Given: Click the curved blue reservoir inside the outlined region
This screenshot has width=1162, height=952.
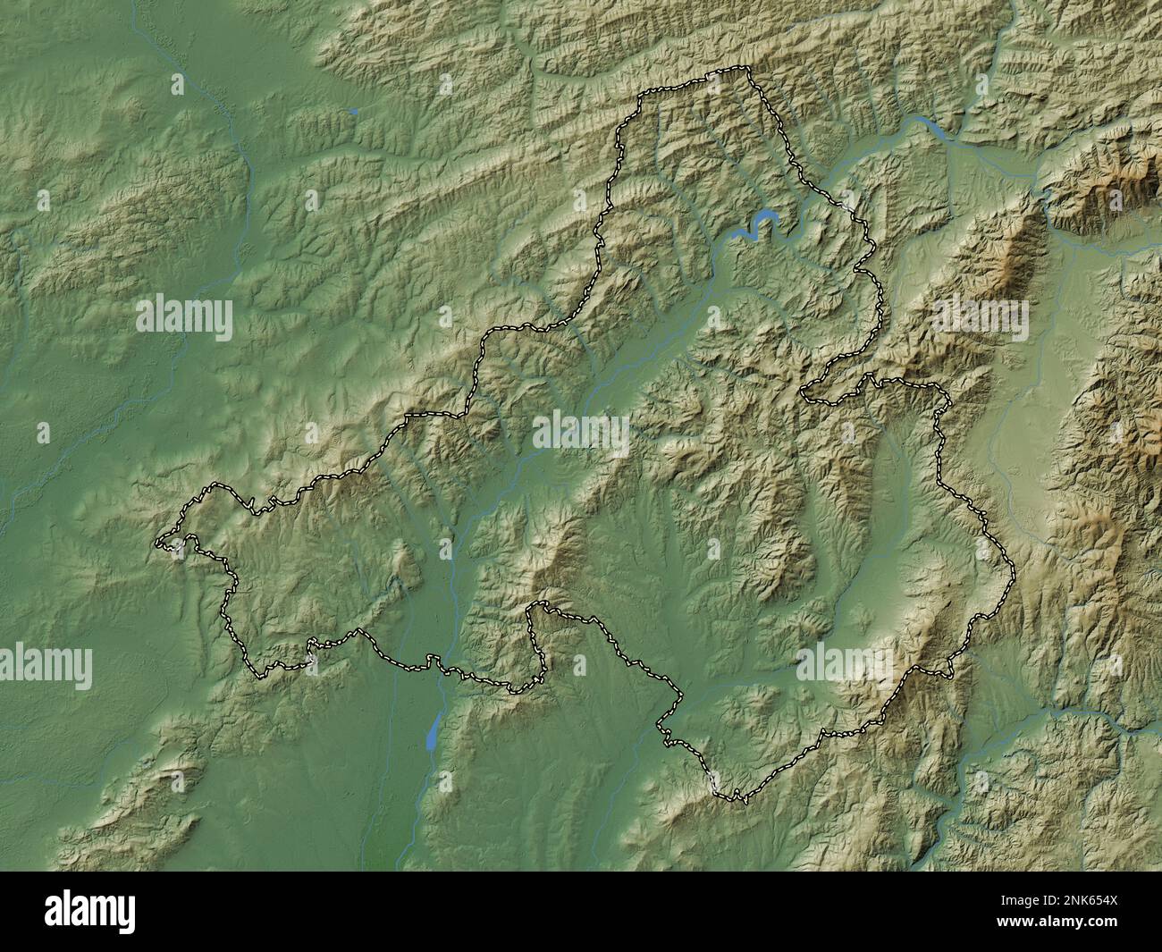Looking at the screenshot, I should coord(760,223).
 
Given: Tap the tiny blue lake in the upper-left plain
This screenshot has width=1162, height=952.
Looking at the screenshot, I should coord(354,112).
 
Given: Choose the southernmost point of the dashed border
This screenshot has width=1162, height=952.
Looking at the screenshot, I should coord(738,800).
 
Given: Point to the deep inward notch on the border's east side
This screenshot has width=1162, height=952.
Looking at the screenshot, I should coord(806,392).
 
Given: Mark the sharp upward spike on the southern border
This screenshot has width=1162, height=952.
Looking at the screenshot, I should coord(534,605).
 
